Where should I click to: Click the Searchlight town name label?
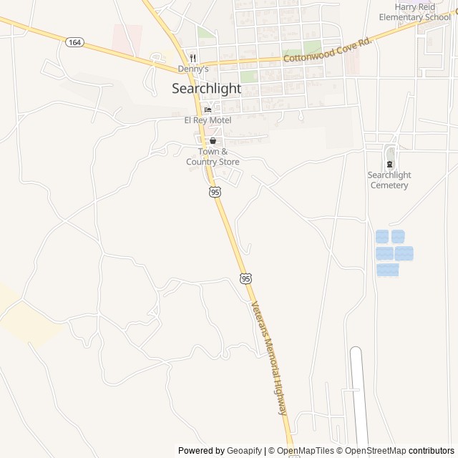point(206,89)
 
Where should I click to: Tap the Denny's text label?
point(193,69)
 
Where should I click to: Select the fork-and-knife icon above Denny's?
point(193,58)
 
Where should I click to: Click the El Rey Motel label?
point(208,120)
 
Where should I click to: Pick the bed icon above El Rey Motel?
point(208,109)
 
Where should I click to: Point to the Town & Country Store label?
point(213,157)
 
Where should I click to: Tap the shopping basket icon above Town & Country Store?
point(213,141)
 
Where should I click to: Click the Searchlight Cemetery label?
point(389,180)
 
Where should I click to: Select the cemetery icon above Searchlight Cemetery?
point(389,164)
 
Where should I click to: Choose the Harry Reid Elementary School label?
point(416,11)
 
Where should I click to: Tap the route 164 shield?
point(74,42)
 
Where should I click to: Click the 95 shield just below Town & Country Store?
point(215,192)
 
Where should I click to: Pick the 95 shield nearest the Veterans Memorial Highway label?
point(245,277)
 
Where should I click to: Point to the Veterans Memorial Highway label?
point(269,358)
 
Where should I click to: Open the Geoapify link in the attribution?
point(244,451)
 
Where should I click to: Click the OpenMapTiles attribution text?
point(301,451)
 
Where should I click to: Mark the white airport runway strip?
point(359,401)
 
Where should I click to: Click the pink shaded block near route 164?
point(127,39)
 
